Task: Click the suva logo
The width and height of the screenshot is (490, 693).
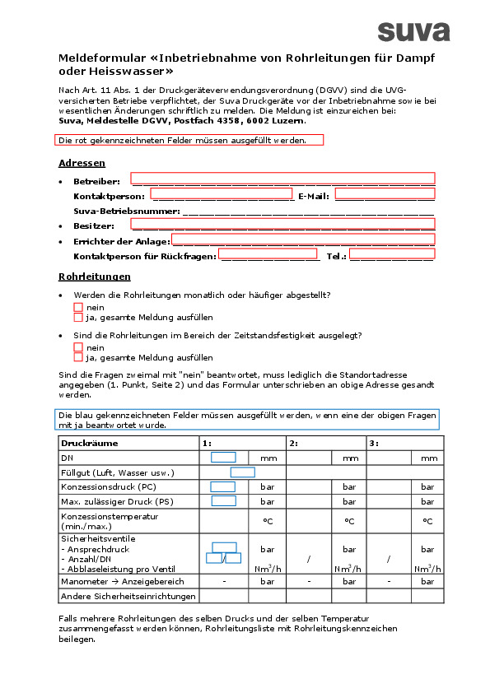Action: pyautogui.click(x=413, y=31)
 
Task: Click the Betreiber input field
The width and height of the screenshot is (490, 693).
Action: pyautogui.click(x=282, y=178)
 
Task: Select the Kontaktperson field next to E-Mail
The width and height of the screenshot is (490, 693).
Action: pyautogui.click(x=222, y=194)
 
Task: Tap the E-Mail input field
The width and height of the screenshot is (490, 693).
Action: pyautogui.click(x=385, y=194)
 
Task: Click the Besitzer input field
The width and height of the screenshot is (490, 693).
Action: pyautogui.click(x=282, y=223)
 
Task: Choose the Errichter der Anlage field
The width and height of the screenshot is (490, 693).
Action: pyautogui.click(x=302, y=240)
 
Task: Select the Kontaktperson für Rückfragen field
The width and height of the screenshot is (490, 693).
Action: pyautogui.click(x=268, y=254)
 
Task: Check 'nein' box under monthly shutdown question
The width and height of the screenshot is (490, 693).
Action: pyautogui.click(x=78, y=307)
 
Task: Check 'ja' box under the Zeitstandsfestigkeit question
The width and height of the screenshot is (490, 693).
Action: pyautogui.click(x=78, y=357)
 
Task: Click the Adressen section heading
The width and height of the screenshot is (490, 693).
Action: pyautogui.click(x=82, y=163)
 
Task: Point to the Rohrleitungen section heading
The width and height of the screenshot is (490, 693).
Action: pyautogui.click(x=95, y=277)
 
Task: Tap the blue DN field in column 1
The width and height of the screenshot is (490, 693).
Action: pyautogui.click(x=223, y=458)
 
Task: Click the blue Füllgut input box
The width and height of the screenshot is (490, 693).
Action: pyautogui.click(x=242, y=472)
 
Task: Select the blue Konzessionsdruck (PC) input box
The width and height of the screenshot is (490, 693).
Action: pyautogui.click(x=223, y=486)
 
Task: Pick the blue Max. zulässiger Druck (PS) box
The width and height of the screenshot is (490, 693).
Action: pyautogui.click(x=223, y=500)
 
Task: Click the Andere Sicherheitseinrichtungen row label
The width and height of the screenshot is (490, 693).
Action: pyautogui.click(x=128, y=596)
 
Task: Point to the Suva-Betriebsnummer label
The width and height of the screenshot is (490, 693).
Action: pyautogui.click(x=126, y=211)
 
